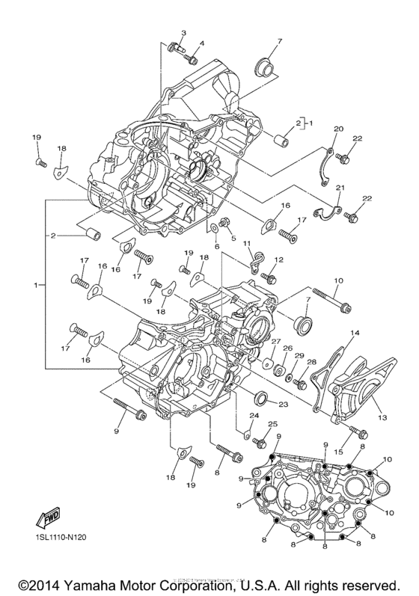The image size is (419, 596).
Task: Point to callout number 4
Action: [x=201, y=43]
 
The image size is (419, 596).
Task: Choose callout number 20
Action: [x=337, y=129]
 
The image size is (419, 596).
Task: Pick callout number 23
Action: [x=284, y=405]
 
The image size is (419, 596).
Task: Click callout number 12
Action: [x=278, y=259]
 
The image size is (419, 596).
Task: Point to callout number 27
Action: [x=275, y=342]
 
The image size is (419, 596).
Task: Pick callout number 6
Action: [x=217, y=246]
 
